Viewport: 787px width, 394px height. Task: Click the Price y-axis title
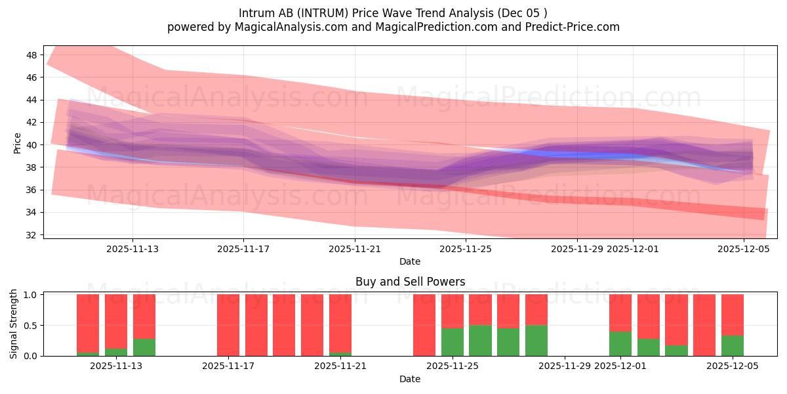click(17, 143)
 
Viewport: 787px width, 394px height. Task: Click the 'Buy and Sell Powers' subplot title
click(410, 282)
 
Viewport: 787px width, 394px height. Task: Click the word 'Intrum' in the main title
click(256, 12)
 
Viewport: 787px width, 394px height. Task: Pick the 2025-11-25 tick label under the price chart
click(466, 249)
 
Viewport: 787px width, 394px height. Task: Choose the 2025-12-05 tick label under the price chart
click(743, 249)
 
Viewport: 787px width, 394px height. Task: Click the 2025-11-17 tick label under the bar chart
click(228, 366)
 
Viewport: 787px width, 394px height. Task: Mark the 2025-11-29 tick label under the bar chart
click(565, 366)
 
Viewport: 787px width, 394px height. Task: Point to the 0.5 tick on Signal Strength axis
click(31, 326)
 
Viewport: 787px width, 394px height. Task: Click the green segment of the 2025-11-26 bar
click(480, 341)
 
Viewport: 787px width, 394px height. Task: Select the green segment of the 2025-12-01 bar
click(620, 343)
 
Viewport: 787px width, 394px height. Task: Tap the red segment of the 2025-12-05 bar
click(733, 315)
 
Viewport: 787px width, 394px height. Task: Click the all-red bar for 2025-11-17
click(228, 325)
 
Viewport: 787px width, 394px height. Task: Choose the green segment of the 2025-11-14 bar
click(144, 347)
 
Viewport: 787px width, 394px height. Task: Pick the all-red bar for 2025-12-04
click(704, 325)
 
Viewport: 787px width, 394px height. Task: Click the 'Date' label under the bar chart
click(410, 379)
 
